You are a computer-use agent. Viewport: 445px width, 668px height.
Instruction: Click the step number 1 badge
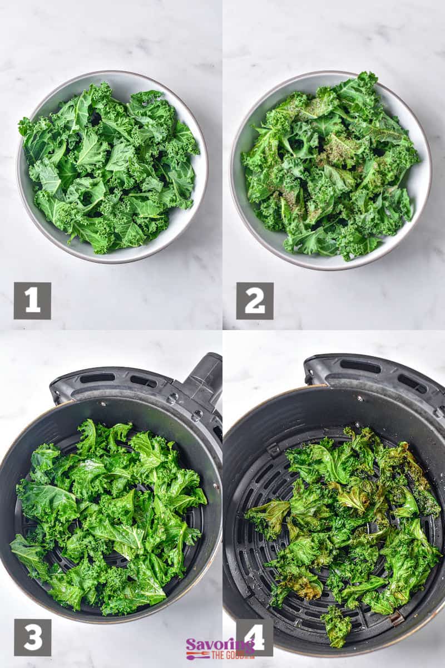coord(32,301)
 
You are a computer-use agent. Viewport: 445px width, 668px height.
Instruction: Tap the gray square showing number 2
coord(255,301)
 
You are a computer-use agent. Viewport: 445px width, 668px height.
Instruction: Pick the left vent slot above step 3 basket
coord(97,378)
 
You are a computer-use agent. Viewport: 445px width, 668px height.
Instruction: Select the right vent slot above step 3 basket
coord(144,381)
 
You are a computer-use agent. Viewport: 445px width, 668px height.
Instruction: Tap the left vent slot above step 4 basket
coord(360,366)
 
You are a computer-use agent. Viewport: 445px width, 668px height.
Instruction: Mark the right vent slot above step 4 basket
coord(412,382)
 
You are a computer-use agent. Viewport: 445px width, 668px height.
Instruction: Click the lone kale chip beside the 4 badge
coord(337,626)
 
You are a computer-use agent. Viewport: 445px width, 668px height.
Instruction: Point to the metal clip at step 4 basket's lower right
coord(396,618)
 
